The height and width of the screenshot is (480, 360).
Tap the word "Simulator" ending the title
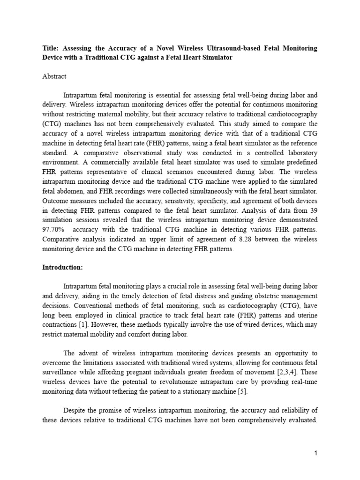[214, 57]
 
